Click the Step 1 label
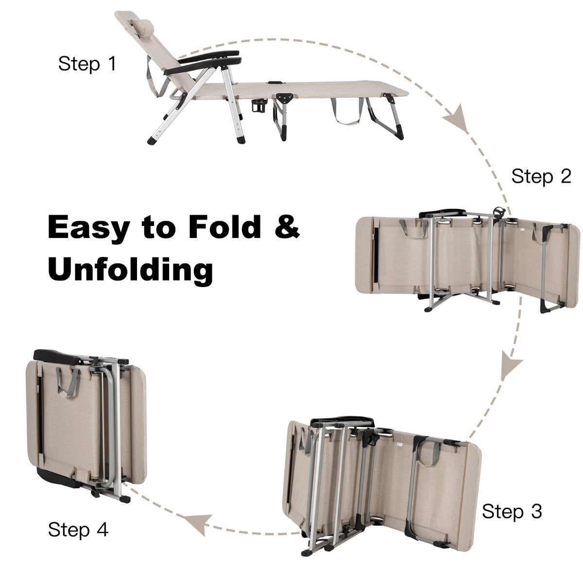pos(87,64)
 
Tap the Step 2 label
pos(541,176)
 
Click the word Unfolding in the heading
pos(130,269)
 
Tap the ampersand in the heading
pos(287,226)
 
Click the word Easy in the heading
pos(89,229)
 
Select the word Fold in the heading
pos(224,226)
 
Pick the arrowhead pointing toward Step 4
pos(198,523)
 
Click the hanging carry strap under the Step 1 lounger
pos(347,111)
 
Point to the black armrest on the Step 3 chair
pos(342,423)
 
